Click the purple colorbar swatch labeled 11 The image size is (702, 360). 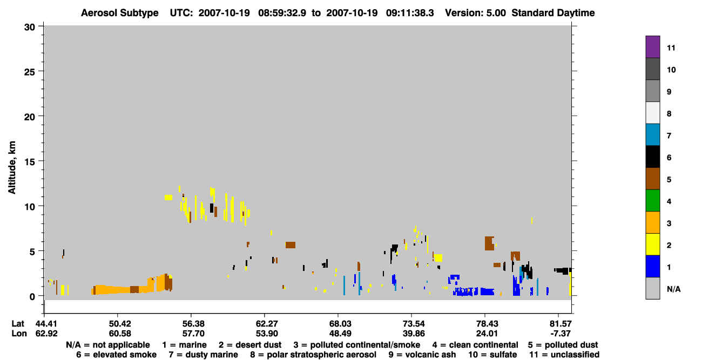(652, 47)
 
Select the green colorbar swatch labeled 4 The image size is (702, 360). (652, 201)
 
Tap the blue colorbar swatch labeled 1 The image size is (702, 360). (652, 266)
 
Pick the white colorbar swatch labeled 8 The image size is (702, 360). (652, 113)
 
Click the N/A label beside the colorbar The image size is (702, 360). (673, 289)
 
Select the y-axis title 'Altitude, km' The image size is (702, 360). (11, 168)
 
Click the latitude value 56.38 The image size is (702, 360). (193, 323)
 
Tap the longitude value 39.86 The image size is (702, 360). (414, 334)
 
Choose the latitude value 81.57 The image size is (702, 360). (561, 323)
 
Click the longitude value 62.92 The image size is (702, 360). (46, 334)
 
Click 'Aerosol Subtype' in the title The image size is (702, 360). (120, 13)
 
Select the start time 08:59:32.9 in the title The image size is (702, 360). (282, 13)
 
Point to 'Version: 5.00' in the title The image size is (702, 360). (475, 13)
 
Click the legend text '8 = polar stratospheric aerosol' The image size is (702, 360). (313, 355)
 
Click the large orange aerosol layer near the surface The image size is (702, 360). (132, 287)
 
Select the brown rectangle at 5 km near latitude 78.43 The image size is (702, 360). (489, 243)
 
